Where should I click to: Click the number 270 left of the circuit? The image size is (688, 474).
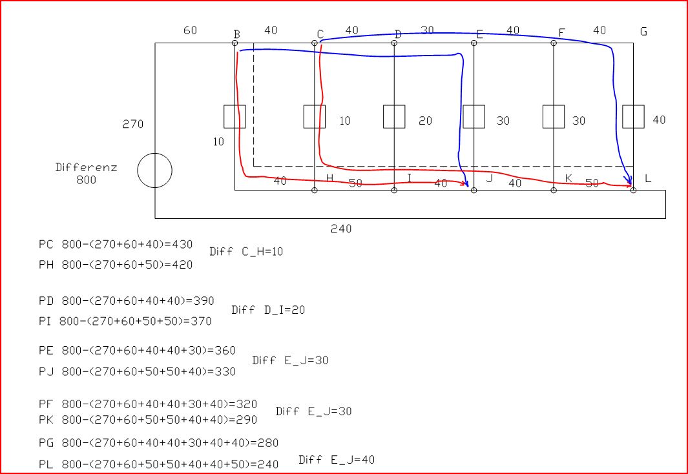133,124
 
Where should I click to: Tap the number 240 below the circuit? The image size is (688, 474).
341,229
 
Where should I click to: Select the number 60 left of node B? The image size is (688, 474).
190,30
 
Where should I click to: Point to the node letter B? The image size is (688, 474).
237,34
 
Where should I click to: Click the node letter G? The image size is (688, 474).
643,31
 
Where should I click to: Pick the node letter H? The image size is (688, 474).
329,178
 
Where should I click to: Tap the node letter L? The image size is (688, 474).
648,178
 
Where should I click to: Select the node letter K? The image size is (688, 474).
568,178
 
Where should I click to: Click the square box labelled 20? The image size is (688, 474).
394,117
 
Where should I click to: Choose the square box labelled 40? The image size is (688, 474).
633,117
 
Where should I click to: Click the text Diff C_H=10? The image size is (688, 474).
246,252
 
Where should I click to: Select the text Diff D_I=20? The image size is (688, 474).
268,310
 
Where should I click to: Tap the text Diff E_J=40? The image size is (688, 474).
337,460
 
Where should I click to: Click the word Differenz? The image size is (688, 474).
86,167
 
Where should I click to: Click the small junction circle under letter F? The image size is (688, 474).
554,43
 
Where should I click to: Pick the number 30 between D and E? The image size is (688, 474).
427,30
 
